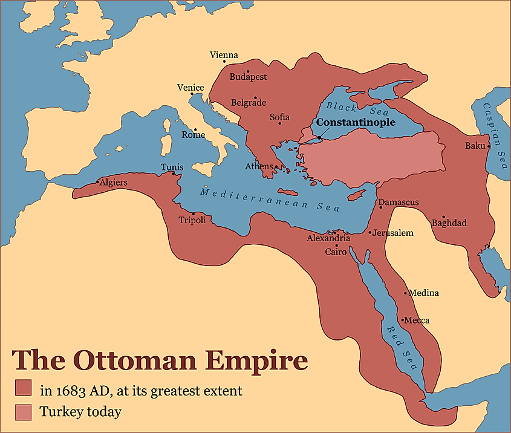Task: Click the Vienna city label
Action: (224, 55)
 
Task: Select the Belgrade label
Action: (248, 103)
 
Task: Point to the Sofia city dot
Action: (279, 123)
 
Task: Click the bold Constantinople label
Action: (356, 122)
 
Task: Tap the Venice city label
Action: (190, 88)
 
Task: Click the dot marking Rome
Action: (195, 129)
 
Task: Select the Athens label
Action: (259, 166)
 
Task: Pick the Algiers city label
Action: (114, 182)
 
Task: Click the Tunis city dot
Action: (174, 174)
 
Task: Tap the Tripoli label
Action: (192, 220)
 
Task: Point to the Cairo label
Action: (336, 252)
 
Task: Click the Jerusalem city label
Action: (393, 233)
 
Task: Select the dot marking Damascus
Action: (380, 207)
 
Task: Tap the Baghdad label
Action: (449, 223)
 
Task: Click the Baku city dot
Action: (488, 146)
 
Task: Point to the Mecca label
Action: (417, 320)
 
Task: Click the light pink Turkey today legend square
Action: (24, 412)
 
